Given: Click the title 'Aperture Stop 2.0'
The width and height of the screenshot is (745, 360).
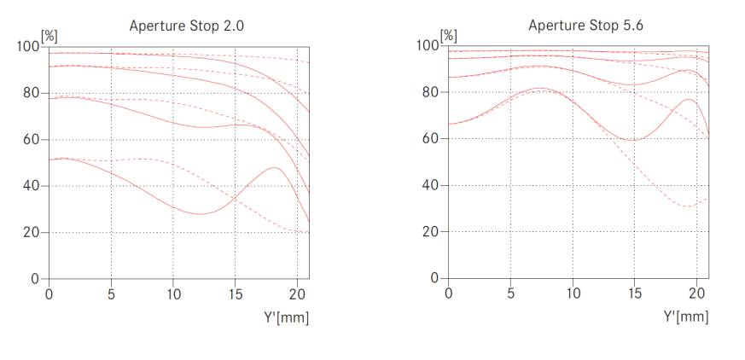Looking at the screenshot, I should (186, 25).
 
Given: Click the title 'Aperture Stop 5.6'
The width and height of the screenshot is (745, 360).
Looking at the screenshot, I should (585, 25).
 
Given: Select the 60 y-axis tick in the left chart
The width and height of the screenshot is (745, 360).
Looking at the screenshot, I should (31, 139).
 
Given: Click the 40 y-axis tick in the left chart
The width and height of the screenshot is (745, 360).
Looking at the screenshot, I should (31, 186).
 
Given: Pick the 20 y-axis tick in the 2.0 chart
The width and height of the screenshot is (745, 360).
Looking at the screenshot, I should (31, 232).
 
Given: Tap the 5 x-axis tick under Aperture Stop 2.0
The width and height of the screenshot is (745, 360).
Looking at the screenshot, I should (111, 294).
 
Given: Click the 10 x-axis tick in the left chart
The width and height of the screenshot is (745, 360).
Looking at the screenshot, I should (173, 294).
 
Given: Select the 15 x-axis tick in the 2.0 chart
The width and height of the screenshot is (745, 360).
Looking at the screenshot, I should (235, 294).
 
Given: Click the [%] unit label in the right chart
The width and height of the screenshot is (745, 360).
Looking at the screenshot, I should (447, 35).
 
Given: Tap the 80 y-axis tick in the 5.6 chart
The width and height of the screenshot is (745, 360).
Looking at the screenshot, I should (430, 92).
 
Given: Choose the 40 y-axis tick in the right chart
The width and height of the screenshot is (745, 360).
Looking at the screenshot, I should (430, 186).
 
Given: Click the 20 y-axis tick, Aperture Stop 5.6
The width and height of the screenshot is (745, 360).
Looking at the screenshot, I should (430, 232).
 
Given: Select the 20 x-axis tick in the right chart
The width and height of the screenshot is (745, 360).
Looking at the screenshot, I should (696, 294).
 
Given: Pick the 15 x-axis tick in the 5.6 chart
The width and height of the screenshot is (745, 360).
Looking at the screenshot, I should (634, 294).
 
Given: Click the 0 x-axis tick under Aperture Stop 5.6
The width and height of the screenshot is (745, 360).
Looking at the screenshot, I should (449, 294).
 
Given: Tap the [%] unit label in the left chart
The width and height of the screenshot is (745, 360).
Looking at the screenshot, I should (48, 36).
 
